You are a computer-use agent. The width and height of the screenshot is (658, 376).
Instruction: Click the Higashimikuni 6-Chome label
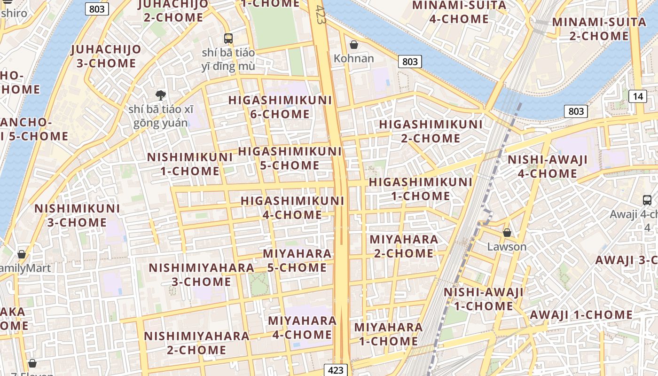point(280,107)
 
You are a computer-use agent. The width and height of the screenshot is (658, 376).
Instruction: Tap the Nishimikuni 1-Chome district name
point(190,164)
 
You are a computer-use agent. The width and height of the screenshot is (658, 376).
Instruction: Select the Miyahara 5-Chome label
point(297,260)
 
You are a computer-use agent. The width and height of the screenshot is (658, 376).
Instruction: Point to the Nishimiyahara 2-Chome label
point(196,343)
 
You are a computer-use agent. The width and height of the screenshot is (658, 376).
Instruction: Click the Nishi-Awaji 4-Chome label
point(548,166)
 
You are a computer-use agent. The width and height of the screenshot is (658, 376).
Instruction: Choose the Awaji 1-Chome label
point(581,315)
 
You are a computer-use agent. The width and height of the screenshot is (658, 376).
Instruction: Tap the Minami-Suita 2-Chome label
point(599,29)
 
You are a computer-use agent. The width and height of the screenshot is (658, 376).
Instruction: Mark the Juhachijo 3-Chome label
point(106,56)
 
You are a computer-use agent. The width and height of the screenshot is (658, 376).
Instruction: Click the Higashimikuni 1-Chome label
point(421,188)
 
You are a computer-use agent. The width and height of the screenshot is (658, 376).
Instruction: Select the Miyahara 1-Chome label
point(388,334)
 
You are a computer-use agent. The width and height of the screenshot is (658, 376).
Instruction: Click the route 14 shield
point(637,96)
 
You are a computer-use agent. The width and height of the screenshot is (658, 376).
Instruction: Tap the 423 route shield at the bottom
point(336,370)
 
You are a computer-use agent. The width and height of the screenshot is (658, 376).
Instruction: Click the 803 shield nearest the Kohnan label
point(410,62)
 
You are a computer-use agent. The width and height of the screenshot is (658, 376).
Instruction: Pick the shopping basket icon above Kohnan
point(354,45)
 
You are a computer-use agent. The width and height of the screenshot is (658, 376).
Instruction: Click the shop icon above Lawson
point(507,232)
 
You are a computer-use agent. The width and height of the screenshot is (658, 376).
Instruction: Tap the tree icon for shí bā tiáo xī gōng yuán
point(161,95)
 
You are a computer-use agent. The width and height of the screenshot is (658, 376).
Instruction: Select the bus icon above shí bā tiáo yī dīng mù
point(228,38)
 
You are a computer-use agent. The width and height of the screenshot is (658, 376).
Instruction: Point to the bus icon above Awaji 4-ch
point(647,200)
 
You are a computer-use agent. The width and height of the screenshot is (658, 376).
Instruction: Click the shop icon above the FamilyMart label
point(22,254)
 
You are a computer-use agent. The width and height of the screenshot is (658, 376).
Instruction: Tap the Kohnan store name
point(354,59)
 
